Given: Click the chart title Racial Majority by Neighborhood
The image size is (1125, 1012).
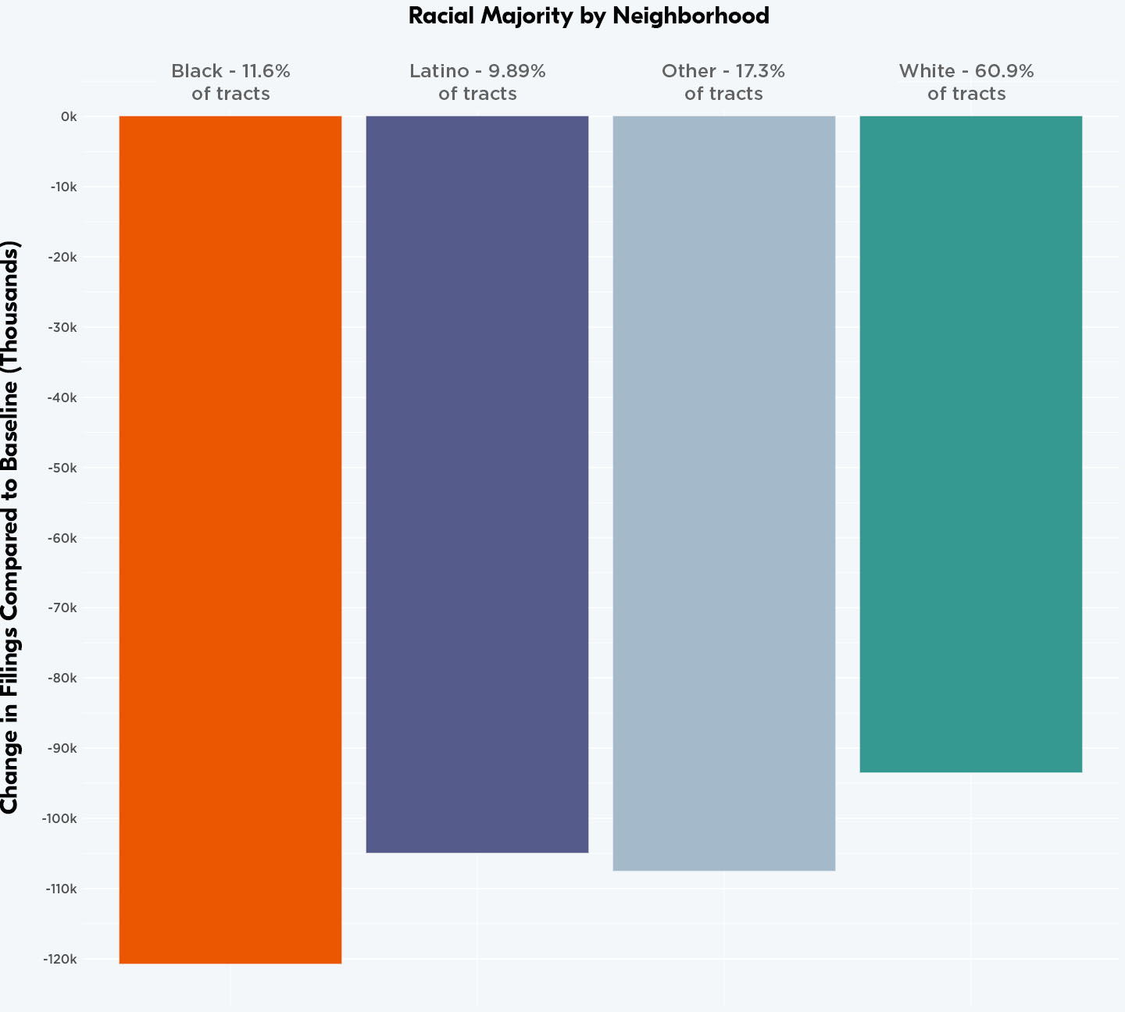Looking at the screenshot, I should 588,16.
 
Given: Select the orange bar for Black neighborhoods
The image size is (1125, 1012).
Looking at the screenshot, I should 230,539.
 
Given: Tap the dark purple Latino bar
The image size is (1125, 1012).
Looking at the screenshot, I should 477,484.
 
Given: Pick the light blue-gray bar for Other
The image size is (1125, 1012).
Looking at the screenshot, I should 723,492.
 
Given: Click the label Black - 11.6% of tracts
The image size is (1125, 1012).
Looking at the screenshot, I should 230,82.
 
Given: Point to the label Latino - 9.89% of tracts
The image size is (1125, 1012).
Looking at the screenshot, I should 477,82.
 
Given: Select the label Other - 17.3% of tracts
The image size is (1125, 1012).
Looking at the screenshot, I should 723,82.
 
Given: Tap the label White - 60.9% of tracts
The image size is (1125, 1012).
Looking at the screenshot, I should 966,82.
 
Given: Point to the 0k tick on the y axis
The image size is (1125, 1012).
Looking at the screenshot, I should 69,117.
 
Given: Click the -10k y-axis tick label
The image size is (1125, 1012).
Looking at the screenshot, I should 63,187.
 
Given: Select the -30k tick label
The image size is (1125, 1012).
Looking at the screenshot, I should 62,327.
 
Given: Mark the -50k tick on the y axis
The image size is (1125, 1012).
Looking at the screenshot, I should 62,468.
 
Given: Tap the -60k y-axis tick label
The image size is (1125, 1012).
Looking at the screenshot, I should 62,538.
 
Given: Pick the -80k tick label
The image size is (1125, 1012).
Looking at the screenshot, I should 62,678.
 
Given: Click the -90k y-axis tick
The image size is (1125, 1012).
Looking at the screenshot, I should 62,748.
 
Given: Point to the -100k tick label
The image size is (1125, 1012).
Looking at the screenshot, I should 61,818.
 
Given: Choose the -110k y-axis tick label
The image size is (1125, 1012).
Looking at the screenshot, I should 61,889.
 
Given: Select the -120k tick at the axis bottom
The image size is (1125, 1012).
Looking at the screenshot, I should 61,959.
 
